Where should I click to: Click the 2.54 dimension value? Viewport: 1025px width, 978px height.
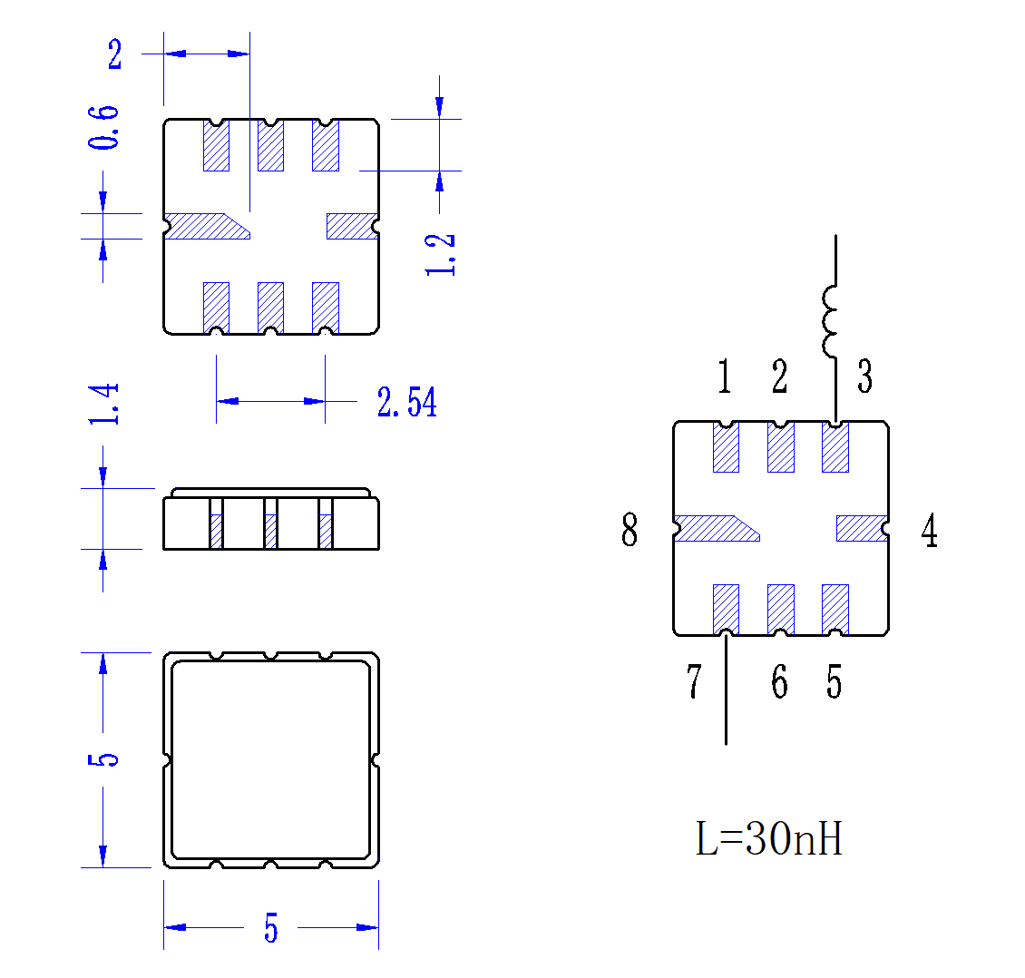(x=407, y=402)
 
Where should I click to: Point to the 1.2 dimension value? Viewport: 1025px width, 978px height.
(x=440, y=254)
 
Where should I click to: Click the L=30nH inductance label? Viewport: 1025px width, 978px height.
(x=769, y=839)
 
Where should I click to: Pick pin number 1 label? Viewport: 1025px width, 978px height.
(x=724, y=377)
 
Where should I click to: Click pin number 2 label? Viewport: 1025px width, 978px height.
(x=779, y=377)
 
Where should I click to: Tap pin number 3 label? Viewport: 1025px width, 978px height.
(x=864, y=377)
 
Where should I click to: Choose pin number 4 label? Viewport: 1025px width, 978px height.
(x=929, y=531)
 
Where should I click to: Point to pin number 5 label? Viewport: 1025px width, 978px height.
(x=834, y=682)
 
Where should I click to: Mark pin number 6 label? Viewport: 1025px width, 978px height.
(x=779, y=682)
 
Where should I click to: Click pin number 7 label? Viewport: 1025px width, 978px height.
(x=694, y=682)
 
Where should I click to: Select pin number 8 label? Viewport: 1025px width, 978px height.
(x=630, y=531)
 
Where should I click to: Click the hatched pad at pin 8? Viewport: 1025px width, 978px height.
(x=712, y=528)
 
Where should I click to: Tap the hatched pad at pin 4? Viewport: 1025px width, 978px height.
(x=860, y=528)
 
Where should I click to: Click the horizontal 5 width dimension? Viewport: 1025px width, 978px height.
(x=270, y=929)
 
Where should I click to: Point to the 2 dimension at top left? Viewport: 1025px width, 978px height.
(x=115, y=54)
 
